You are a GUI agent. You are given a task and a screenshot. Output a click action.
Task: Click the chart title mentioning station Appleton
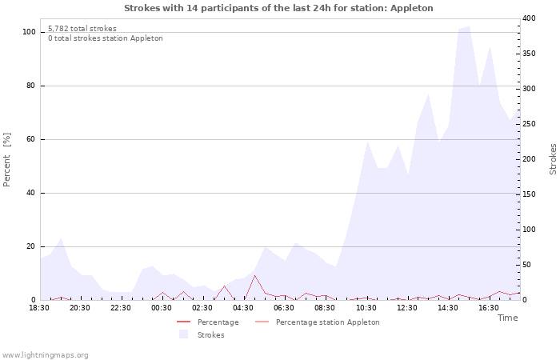pos(278,8)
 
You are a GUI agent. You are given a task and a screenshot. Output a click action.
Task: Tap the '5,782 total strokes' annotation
pos(82,29)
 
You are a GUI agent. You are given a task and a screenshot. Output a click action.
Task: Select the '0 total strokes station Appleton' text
pos(105,38)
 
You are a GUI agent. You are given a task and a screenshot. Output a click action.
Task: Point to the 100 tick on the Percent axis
pos(30,32)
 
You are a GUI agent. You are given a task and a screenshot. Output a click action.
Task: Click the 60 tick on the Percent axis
pos(31,139)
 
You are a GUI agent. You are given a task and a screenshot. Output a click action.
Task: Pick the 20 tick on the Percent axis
pos(31,246)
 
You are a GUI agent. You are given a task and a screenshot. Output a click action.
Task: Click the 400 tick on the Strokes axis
pos(529,18)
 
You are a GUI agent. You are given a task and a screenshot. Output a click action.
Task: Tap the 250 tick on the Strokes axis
pos(529,124)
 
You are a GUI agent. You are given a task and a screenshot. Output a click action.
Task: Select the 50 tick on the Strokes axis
pos(526,265)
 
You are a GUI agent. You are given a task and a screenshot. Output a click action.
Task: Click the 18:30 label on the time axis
pos(39,308)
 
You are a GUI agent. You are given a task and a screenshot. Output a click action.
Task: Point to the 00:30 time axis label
pos(162,308)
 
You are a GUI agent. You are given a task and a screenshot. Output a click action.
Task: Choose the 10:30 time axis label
pos(366,308)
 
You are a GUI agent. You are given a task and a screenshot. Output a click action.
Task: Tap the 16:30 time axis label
pos(488,308)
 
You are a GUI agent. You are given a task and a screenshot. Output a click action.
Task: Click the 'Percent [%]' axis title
pos(8,160)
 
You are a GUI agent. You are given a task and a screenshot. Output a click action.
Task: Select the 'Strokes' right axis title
pos(553,158)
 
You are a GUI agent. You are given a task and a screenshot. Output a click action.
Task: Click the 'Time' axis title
pos(507,318)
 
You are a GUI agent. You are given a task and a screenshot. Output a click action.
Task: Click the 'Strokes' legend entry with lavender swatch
pos(210,335)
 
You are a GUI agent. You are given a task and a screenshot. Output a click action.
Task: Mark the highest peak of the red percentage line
pos(254,275)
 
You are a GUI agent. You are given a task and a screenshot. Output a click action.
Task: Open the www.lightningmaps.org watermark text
pos(46,354)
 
